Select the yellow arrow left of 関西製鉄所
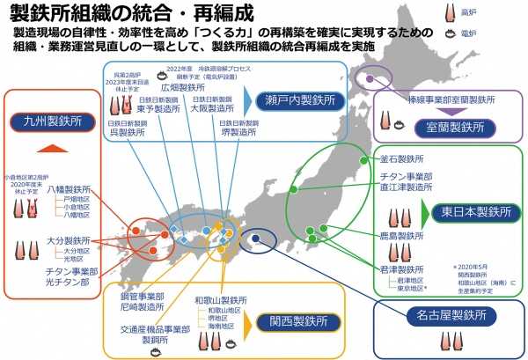249,322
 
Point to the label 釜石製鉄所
398,159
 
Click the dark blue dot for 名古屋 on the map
255,237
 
